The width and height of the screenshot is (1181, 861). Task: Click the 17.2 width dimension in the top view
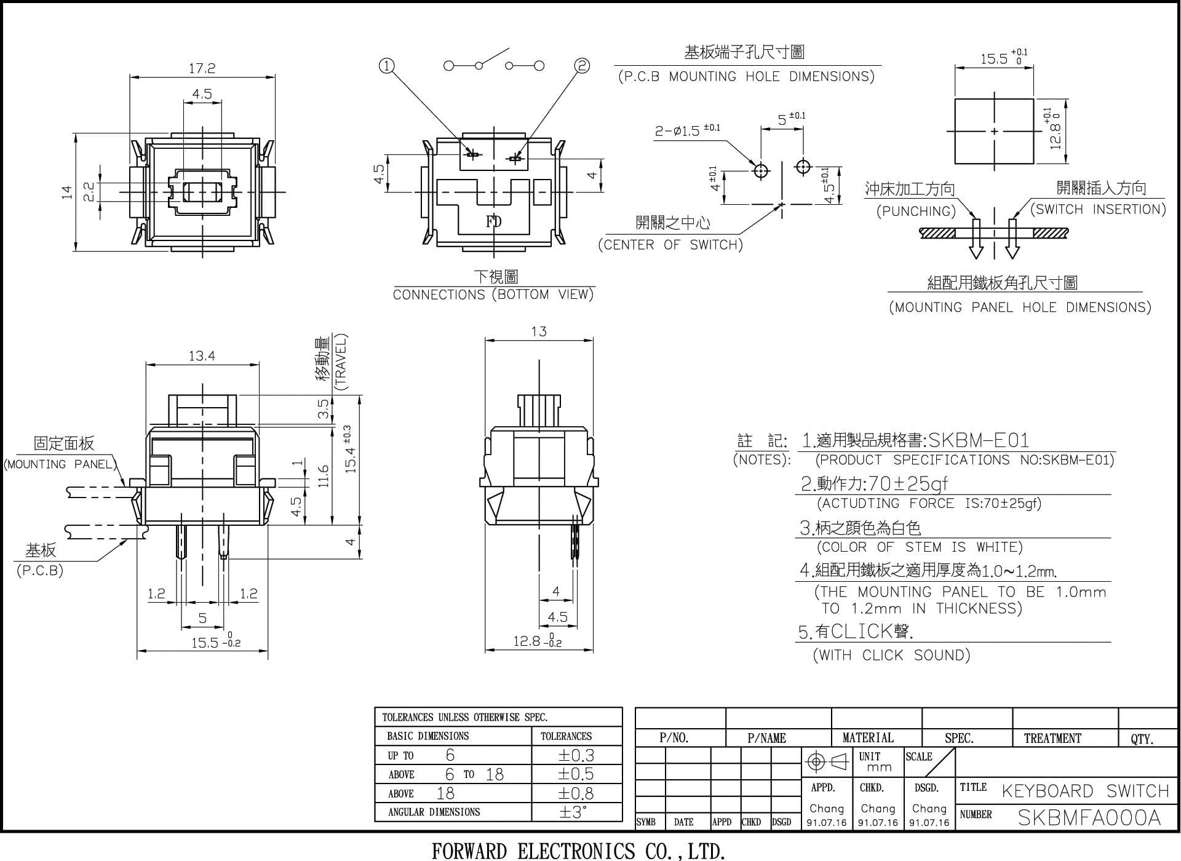coord(202,68)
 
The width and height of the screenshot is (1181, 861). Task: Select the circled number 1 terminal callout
coord(386,65)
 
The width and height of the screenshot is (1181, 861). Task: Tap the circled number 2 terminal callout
coord(582,65)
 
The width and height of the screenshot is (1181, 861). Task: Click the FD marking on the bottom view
coord(494,221)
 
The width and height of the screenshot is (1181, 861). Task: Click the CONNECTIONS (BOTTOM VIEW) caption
coord(493,295)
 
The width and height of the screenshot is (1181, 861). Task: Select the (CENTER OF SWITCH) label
coord(670,245)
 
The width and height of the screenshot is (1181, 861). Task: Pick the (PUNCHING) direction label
coord(917,212)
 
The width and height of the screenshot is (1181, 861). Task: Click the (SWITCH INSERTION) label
coord(1099,209)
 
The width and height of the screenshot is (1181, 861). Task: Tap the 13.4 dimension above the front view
coord(202,355)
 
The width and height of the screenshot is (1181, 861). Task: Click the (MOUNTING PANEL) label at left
coord(60,464)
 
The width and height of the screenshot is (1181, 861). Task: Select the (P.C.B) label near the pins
coord(40,570)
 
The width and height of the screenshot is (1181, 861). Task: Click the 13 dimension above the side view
coord(539,331)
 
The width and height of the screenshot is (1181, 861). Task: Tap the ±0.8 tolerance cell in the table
coord(576,793)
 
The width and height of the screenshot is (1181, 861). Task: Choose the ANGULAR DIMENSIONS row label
coord(434,812)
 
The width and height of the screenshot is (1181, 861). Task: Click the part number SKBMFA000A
coord(1089,817)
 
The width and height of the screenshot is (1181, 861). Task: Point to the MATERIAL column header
coord(868,738)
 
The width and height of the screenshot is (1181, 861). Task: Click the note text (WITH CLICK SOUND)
coord(892,655)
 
